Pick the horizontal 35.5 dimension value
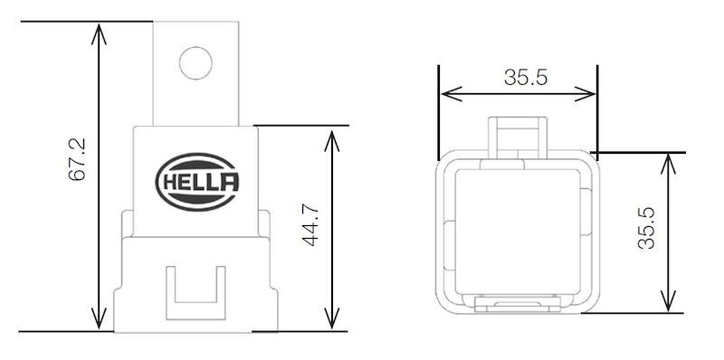526,78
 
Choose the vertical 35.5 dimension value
645,231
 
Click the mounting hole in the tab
195,62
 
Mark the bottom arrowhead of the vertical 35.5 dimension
668,304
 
